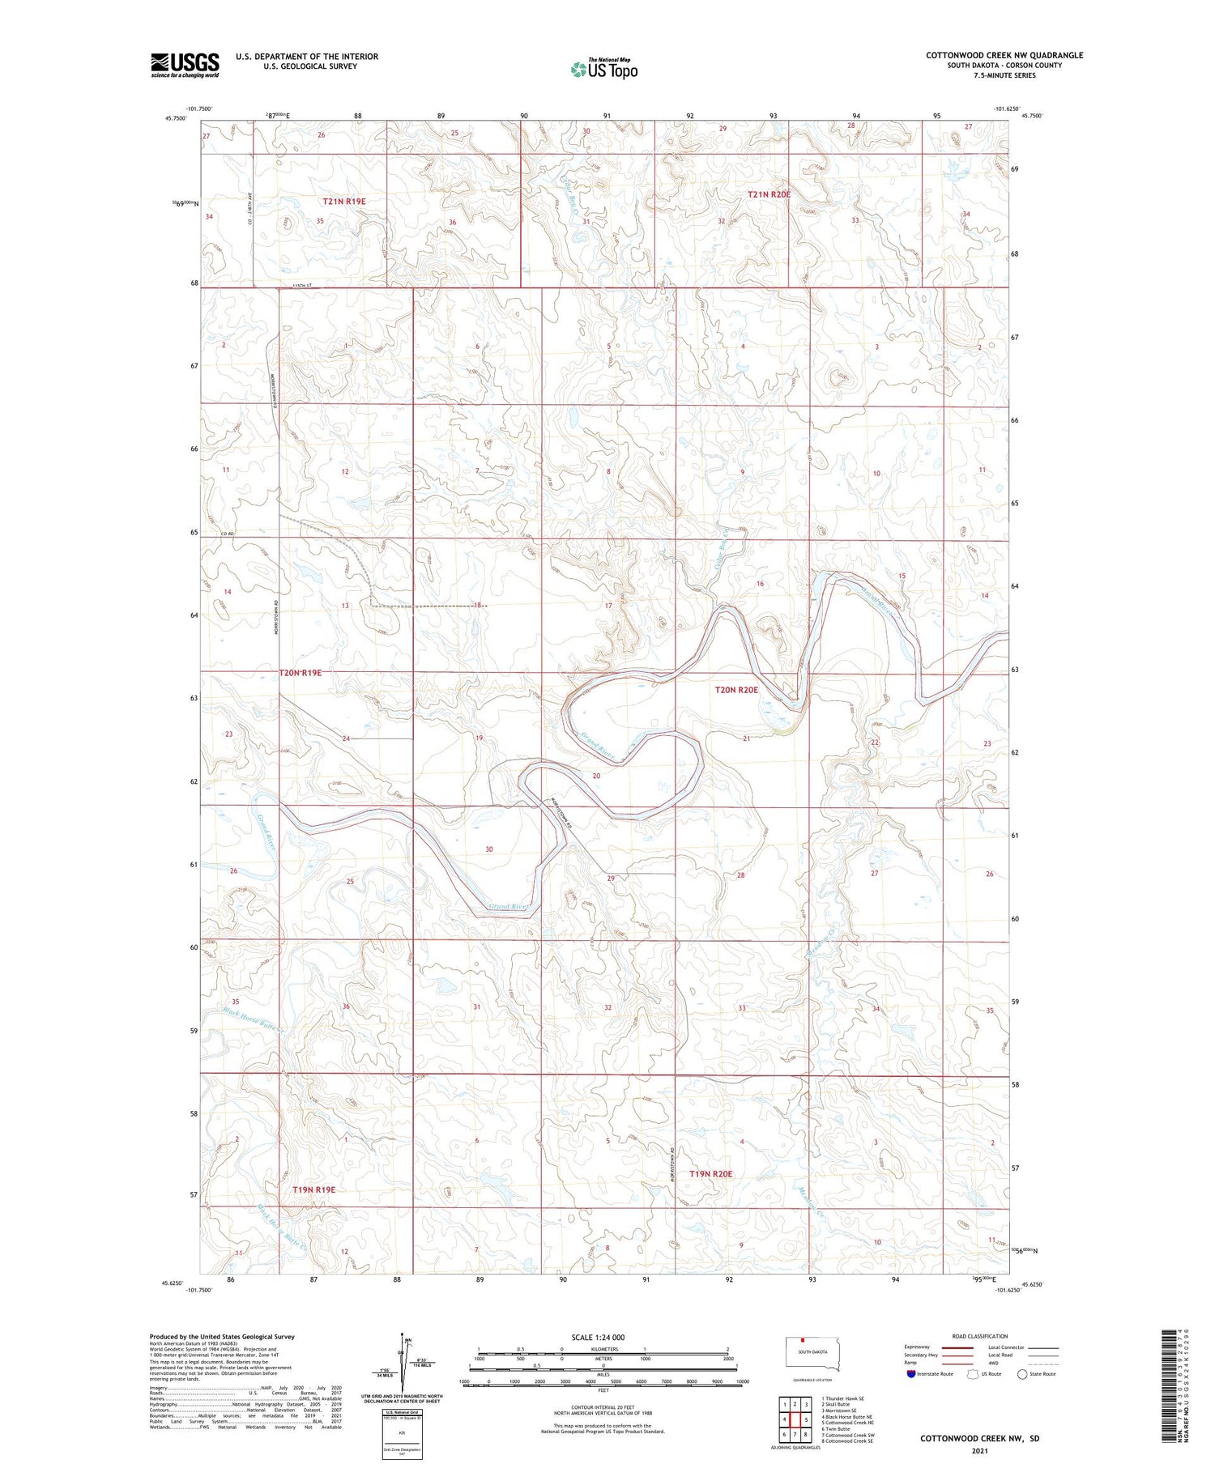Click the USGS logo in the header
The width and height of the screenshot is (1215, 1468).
click(185, 65)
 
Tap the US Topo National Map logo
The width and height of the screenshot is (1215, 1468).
click(604, 69)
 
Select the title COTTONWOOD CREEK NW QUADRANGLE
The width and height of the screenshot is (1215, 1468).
click(1004, 55)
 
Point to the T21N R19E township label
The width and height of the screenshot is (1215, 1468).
click(344, 201)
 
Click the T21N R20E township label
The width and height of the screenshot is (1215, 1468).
click(769, 194)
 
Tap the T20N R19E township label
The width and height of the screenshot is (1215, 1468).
click(301, 673)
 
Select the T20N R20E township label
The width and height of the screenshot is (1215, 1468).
click(736, 690)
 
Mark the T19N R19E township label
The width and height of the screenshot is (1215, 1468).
click(313, 1189)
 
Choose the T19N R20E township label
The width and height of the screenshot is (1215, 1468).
click(710, 1173)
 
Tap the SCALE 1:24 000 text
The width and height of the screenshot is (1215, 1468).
click(599, 1337)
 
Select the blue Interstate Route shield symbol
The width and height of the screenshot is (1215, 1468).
click(911, 1374)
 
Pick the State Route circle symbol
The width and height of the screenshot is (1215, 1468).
click(1023, 1374)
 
